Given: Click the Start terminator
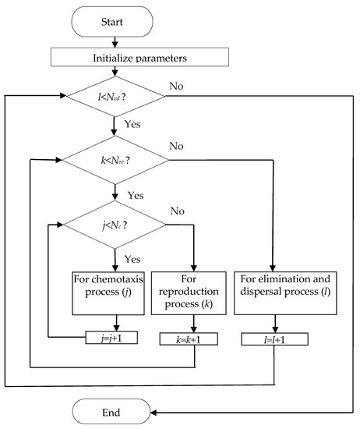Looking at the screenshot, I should [115, 23].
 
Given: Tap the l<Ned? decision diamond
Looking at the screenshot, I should [115, 97].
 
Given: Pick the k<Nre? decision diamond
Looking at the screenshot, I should [115, 163].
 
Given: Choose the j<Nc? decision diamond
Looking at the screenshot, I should [115, 228].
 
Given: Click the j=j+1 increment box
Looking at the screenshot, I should [115, 338].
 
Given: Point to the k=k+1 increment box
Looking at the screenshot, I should [194, 338].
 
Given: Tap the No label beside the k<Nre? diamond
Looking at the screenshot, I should [179, 144].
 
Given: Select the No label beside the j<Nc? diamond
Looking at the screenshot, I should [179, 210].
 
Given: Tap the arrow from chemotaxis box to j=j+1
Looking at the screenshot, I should [115, 322].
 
